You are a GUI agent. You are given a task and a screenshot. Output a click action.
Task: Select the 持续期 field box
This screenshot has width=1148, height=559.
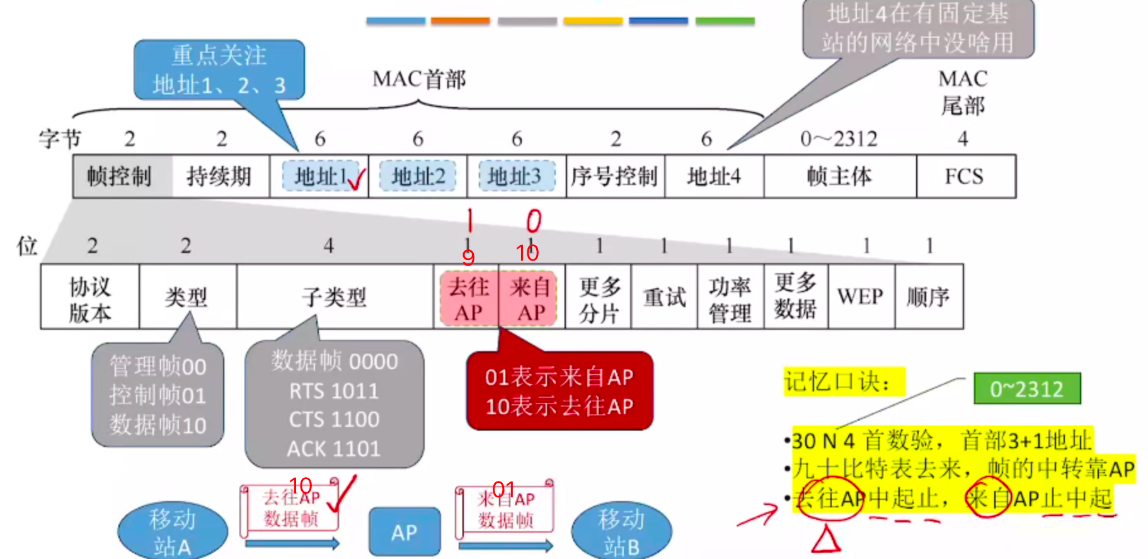coord(220,177)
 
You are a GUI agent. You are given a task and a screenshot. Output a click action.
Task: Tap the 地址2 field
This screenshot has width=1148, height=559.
coord(418,177)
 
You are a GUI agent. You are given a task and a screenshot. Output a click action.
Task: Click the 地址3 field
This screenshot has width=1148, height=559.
coord(516,177)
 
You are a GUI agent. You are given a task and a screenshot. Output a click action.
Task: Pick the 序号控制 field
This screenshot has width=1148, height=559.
coord(615,177)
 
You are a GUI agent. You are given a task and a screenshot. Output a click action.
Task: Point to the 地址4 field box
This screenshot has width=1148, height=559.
coord(714,177)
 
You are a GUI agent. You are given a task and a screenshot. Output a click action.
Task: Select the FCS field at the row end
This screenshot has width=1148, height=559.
coord(965,177)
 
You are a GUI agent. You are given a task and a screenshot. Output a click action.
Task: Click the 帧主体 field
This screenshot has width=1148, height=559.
coord(840,177)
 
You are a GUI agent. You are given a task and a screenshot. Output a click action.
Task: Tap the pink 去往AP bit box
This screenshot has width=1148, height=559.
coord(468,298)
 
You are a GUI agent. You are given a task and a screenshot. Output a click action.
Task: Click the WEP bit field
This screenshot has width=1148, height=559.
coord(861,296)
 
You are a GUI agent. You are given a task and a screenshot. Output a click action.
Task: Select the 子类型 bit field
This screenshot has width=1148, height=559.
coord(335,296)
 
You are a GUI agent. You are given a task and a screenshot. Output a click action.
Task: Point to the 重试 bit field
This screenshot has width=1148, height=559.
coord(664,296)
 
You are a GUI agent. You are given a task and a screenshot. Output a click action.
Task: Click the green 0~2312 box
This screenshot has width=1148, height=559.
coord(1027,389)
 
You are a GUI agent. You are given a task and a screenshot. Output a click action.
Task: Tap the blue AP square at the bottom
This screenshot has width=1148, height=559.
coord(405,533)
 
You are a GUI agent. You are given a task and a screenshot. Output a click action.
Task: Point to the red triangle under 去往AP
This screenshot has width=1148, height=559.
coord(826,539)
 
